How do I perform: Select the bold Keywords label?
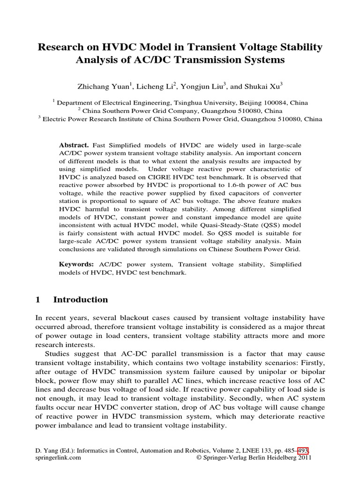point(76,264)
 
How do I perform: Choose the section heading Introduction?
point(81,300)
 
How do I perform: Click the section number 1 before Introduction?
point(38,300)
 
